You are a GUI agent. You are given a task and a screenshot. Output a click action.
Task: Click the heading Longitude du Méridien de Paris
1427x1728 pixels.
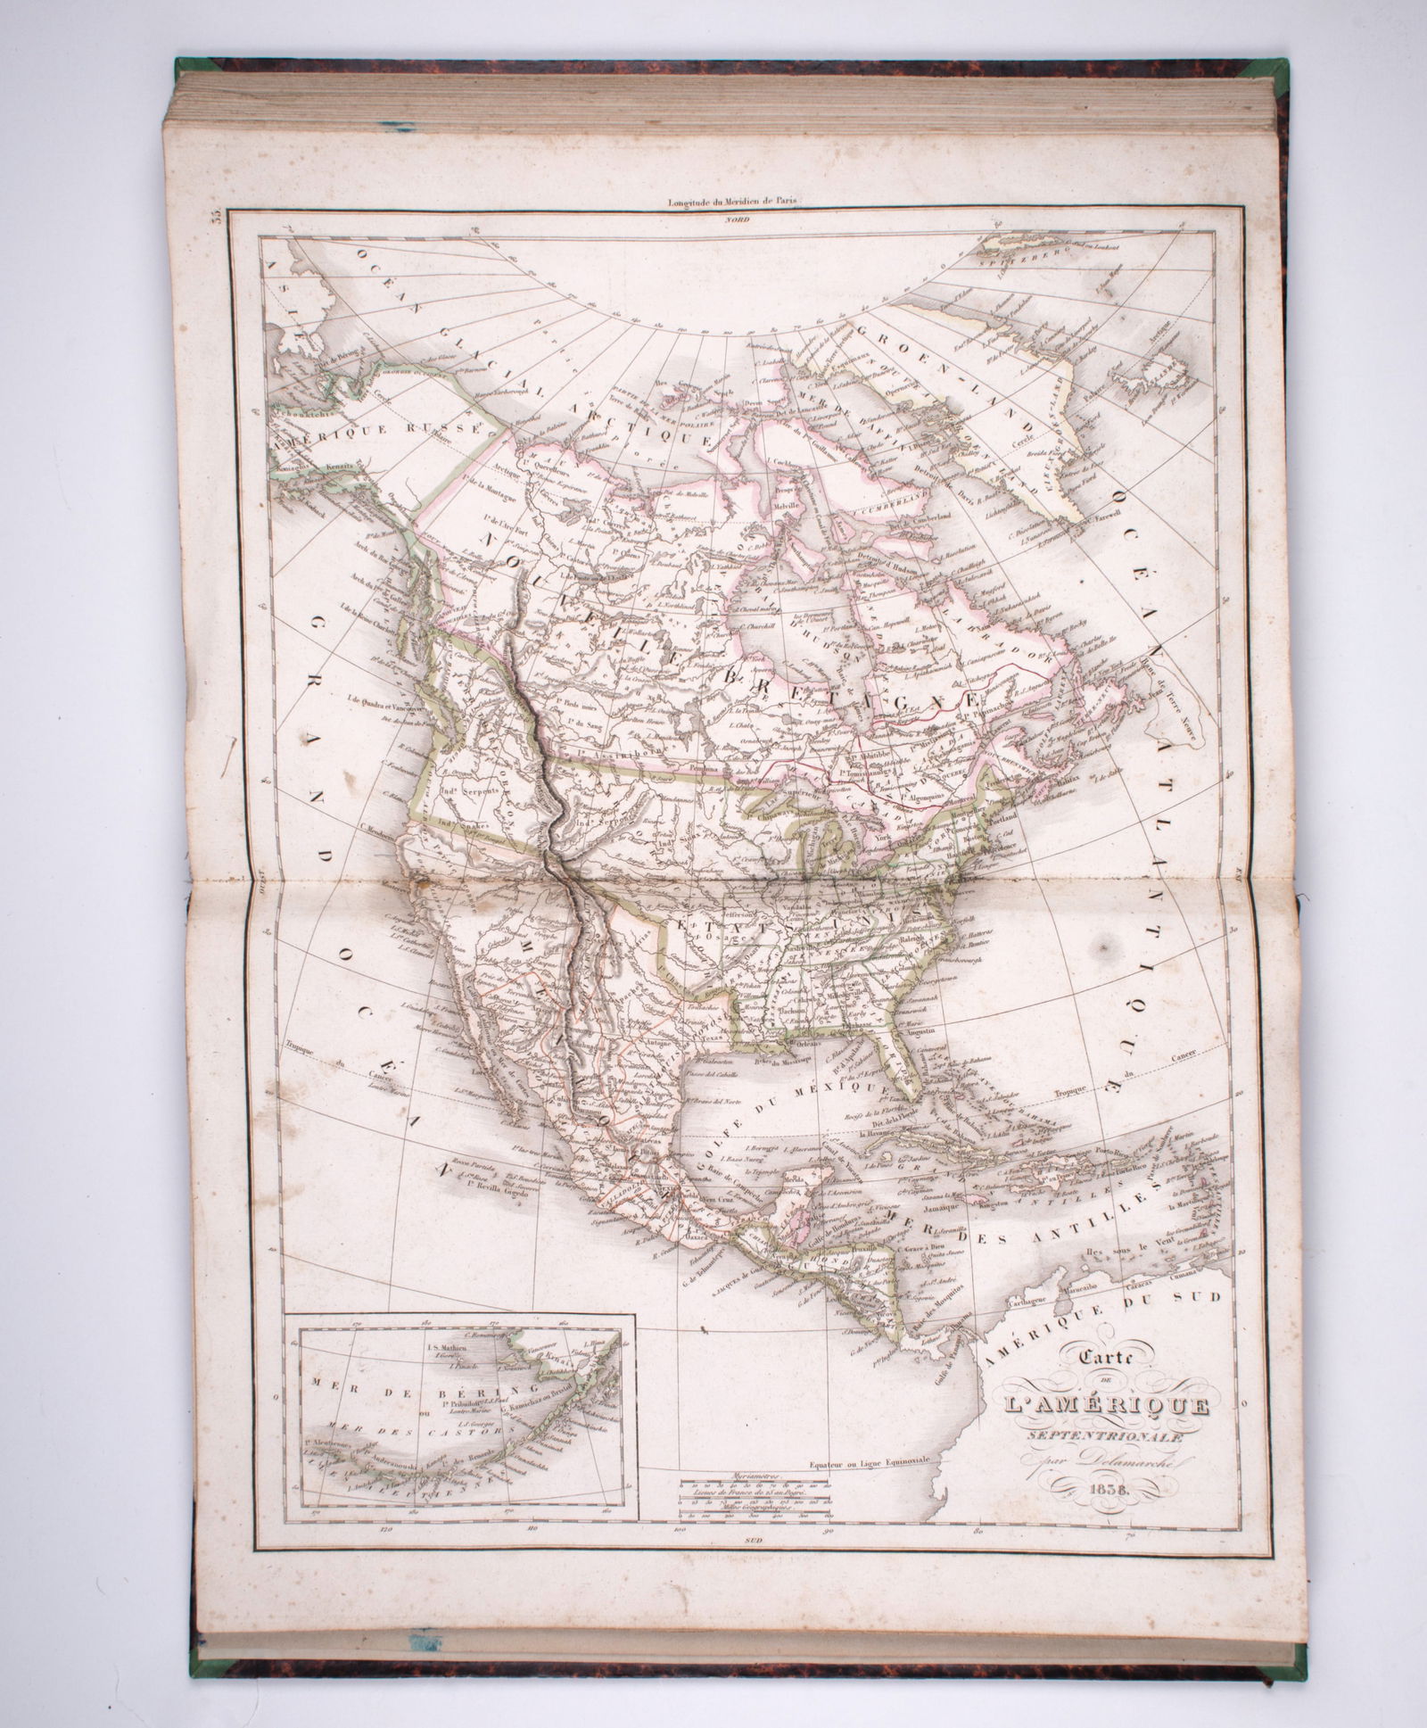(735, 202)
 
